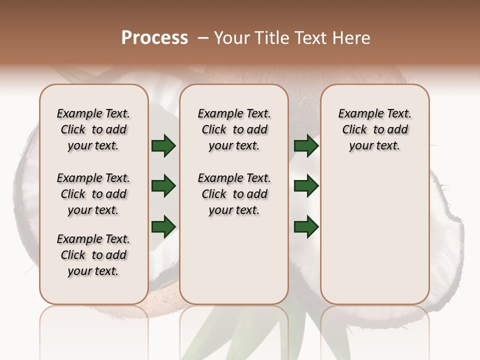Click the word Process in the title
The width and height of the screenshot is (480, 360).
point(154,38)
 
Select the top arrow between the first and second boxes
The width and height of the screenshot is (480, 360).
point(163,146)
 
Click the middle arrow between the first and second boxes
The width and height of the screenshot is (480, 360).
point(163,186)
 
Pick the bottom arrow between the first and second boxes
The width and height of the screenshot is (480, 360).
point(163,226)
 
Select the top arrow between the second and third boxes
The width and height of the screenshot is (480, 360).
point(306,146)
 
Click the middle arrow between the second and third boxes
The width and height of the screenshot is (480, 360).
point(306,186)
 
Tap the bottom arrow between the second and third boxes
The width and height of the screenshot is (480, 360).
point(306,226)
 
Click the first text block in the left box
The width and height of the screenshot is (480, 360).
point(93,129)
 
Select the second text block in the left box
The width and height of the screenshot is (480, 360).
point(93,194)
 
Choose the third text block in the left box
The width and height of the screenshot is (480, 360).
point(93,255)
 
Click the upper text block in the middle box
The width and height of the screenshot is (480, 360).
point(234,129)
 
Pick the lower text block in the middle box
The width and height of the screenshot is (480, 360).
point(234,194)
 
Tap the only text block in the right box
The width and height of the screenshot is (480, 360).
point(374,129)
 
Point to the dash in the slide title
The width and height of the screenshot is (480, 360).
point(203,38)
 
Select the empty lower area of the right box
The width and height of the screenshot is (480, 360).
point(374,235)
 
